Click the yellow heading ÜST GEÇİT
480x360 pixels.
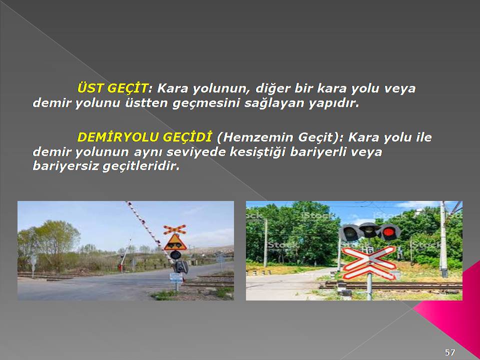click(x=112, y=89)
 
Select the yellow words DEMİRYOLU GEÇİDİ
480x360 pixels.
click(x=144, y=137)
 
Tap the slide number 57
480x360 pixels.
click(x=449, y=352)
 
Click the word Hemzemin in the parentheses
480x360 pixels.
click(x=258, y=137)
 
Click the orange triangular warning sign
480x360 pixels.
click(x=175, y=243)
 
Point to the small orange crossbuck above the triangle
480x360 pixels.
click(x=174, y=229)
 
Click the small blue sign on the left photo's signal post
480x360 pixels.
click(x=176, y=278)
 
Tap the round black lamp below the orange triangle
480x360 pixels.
click(x=175, y=254)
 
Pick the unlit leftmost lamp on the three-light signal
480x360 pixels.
click(x=350, y=233)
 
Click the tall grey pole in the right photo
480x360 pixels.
click(x=443, y=239)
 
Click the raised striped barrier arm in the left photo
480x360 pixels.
click(x=149, y=231)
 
